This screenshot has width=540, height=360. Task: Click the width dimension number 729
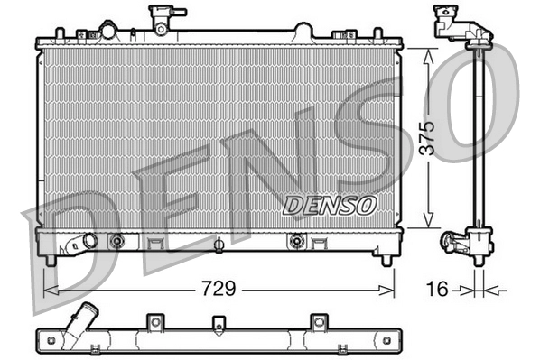(219, 290)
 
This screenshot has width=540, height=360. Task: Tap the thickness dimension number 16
(437, 290)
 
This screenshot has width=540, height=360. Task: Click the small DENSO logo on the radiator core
(330, 205)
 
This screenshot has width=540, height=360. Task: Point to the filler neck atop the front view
(162, 18)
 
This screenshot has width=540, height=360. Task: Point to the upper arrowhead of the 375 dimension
(432, 53)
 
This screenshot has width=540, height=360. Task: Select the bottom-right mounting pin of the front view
(387, 261)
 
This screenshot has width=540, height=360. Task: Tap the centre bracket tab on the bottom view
(217, 323)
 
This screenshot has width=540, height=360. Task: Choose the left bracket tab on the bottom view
(154, 322)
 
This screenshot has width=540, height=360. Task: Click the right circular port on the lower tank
(296, 241)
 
